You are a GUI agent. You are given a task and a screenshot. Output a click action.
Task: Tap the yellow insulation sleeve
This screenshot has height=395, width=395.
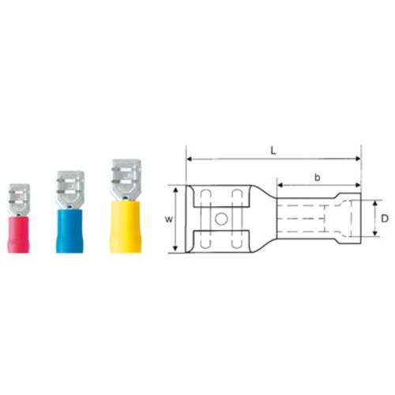125,225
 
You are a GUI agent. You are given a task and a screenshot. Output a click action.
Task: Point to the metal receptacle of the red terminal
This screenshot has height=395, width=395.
19,194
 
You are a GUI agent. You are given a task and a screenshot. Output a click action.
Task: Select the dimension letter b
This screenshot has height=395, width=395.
318,179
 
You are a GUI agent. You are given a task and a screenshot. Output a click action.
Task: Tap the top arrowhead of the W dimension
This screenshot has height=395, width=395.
175,189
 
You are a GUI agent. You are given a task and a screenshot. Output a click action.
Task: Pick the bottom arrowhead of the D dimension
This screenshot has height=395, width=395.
374,235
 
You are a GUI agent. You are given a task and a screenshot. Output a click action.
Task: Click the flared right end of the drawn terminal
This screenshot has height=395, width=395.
350,219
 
